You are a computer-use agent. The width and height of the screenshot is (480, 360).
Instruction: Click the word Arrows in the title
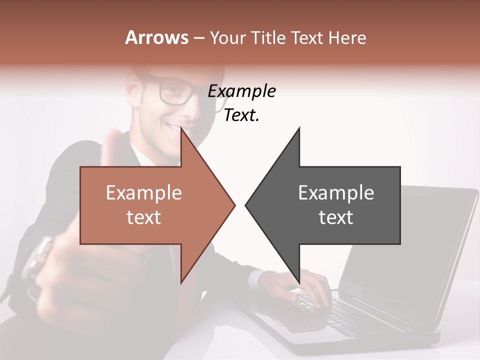click(156, 38)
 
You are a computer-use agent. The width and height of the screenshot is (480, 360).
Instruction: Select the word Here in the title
click(347, 38)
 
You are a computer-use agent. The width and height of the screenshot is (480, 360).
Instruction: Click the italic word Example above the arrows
click(241, 91)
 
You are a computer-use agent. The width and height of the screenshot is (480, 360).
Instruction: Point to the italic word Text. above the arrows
click(241, 115)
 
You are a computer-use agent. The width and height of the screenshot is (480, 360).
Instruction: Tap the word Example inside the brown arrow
click(144, 193)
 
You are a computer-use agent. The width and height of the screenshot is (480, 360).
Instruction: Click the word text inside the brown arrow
click(144, 217)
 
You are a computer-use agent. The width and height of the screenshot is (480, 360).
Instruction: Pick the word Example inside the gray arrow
click(336, 193)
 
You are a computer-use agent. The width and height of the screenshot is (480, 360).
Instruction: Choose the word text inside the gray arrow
click(336, 217)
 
